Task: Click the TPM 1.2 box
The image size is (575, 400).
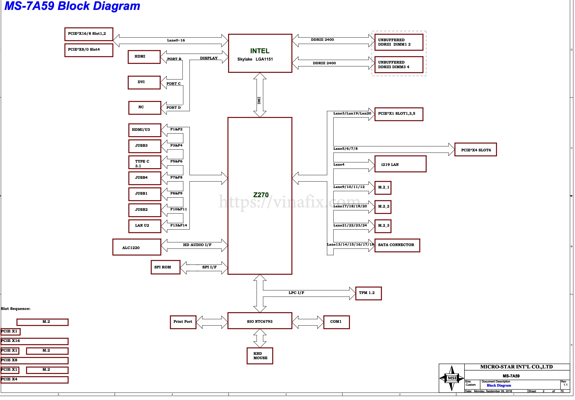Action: pyautogui.click(x=368, y=293)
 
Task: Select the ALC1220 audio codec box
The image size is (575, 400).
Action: pyautogui.click(x=137, y=247)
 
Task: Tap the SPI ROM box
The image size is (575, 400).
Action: pyautogui.click(x=166, y=267)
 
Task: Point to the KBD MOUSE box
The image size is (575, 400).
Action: pyautogui.click(x=260, y=356)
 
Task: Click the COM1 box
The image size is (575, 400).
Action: pyautogui.click(x=336, y=322)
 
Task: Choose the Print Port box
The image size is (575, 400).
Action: pyautogui.click(x=183, y=322)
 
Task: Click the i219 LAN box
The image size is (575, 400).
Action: pyautogui.click(x=400, y=164)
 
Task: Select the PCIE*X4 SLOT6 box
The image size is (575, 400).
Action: pyautogui.click(x=475, y=149)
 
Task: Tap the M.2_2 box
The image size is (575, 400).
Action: pyautogui.click(x=383, y=207)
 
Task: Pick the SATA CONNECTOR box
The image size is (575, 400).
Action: pyautogui.click(x=397, y=245)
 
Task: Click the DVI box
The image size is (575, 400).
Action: pyautogui.click(x=144, y=82)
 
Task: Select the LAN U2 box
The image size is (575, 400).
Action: pyautogui.click(x=145, y=226)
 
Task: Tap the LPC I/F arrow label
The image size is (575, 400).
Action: pyautogui.click(x=296, y=293)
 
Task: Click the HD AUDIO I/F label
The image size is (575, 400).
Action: pyautogui.click(x=197, y=245)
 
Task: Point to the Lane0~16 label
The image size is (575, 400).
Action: pyautogui.click(x=176, y=40)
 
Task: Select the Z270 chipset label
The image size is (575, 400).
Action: pyautogui.click(x=261, y=195)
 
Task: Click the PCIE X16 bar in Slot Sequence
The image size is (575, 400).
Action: pyautogui.click(x=34, y=341)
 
